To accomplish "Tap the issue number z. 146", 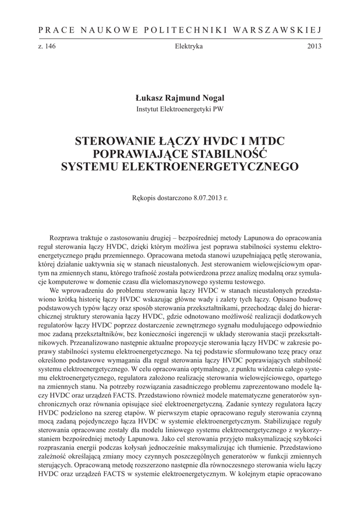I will coord(46,46).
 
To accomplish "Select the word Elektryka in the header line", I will coord(189,46).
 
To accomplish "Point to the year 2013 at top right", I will coord(315,46).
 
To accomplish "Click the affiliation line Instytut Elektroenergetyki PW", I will coord(180,109).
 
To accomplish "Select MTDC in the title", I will coord(265,141).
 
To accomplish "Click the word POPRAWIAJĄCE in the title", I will coord(138,153).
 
